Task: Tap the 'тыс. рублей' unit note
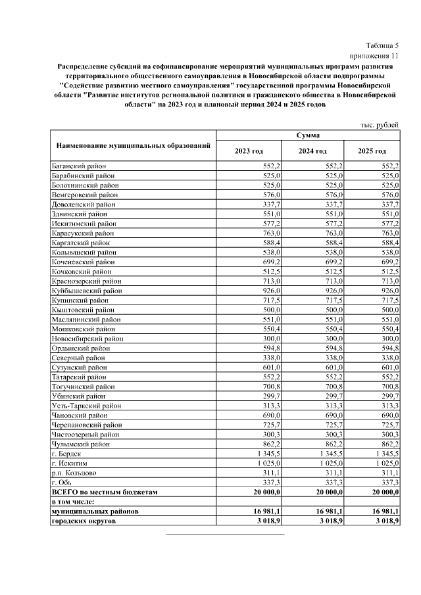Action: click(x=380, y=125)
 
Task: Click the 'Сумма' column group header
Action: click(x=308, y=135)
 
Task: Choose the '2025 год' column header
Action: click(x=372, y=151)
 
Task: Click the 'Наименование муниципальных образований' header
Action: click(x=134, y=144)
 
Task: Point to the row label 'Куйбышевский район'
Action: click(x=86, y=290)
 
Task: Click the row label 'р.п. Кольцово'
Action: click(x=73, y=473)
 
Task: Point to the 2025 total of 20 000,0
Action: click(x=380, y=491)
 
